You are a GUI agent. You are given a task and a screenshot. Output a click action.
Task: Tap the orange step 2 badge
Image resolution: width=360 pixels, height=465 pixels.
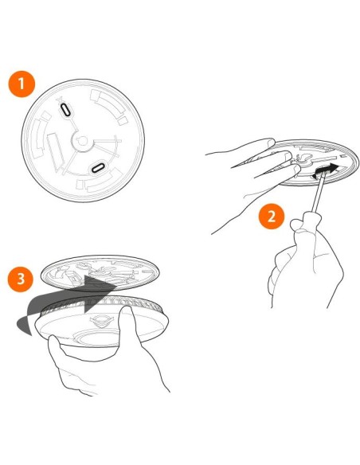[272, 217]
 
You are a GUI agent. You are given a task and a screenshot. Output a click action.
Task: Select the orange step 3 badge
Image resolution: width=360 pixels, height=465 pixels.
[21, 279]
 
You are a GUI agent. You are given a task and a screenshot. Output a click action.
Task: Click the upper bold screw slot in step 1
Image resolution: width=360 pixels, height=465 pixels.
[66, 109]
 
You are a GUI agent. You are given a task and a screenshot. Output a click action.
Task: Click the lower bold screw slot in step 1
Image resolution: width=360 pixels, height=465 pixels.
[98, 168]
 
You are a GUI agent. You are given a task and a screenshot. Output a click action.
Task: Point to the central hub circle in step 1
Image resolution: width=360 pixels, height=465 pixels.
[82, 141]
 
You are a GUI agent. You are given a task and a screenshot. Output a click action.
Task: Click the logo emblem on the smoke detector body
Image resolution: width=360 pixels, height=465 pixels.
[101, 320]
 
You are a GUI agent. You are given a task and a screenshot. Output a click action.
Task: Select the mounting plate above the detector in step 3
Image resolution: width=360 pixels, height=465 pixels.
[100, 273]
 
